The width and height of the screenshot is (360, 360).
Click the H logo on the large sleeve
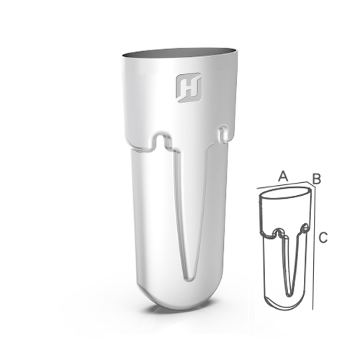(x=189, y=88)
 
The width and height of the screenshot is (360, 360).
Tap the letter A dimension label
(x=283, y=176)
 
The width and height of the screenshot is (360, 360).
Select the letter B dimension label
(x=317, y=179)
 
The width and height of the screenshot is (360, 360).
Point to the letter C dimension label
(x=323, y=238)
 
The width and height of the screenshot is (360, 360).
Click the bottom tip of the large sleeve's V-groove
(x=189, y=279)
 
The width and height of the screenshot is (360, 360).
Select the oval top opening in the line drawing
(x=286, y=193)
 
